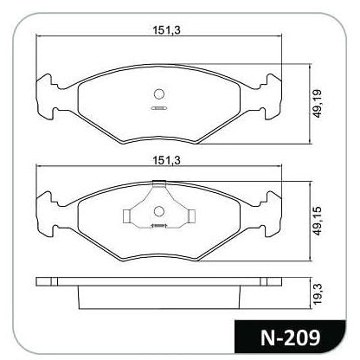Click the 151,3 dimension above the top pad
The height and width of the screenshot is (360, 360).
click(x=166, y=30)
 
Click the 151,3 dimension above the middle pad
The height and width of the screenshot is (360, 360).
click(x=166, y=160)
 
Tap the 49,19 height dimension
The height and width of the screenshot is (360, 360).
click(x=318, y=104)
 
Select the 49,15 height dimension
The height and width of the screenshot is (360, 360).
click(x=318, y=222)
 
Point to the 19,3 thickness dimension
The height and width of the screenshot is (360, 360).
click(x=318, y=293)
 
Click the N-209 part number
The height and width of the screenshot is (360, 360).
click(x=290, y=337)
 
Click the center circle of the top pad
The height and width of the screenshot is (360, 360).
click(x=159, y=94)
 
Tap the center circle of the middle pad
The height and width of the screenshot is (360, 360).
click(x=159, y=211)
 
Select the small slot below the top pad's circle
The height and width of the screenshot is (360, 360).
click(x=159, y=108)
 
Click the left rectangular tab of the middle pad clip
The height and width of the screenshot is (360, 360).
click(x=126, y=215)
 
